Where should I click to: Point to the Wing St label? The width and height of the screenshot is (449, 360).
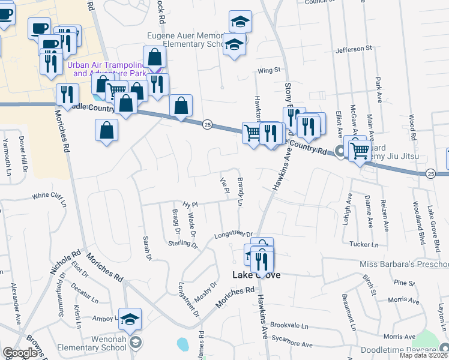[269, 70]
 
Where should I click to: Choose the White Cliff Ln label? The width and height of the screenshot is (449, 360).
[49, 196]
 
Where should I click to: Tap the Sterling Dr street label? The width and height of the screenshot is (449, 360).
[183, 243]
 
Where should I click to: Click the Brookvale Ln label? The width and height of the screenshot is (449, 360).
[288, 325]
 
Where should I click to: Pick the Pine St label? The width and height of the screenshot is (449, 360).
[401, 282]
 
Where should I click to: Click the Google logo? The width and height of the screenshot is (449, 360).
[20, 353]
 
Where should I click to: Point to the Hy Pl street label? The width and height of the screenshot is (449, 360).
[190, 205]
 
